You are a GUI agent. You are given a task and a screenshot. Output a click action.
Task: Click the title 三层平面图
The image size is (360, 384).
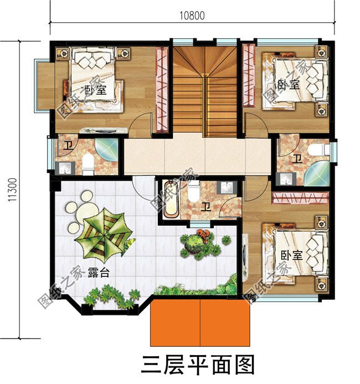[198, 366]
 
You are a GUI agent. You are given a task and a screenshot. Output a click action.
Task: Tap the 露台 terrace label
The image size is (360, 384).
[100, 275]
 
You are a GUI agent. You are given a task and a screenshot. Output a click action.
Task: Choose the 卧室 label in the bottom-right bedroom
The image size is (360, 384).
[290, 255]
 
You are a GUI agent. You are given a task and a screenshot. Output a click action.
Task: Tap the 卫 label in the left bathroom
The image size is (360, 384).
[67, 147]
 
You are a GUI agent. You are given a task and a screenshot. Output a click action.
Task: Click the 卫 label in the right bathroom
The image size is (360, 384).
[297, 158]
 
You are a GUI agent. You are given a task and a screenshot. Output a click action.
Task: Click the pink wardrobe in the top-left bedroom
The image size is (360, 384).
[162, 89]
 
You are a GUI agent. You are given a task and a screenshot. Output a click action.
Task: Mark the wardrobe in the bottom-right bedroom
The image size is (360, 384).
[299, 198]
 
